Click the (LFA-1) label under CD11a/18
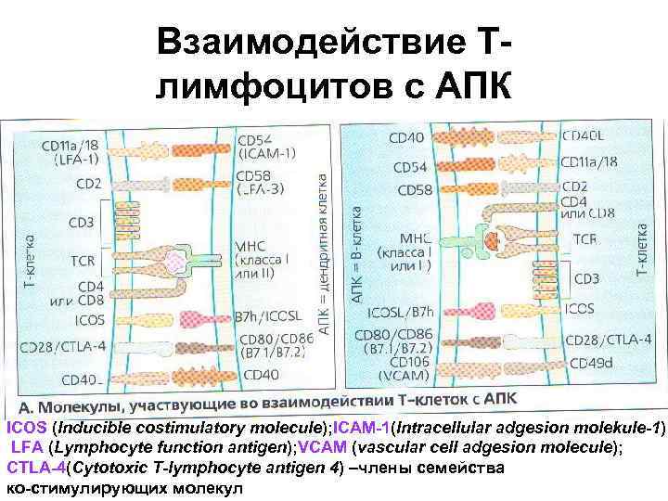tap(70, 158)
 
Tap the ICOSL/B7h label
tap(400, 313)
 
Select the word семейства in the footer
tap(463, 467)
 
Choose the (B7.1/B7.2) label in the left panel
tap(275, 353)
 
